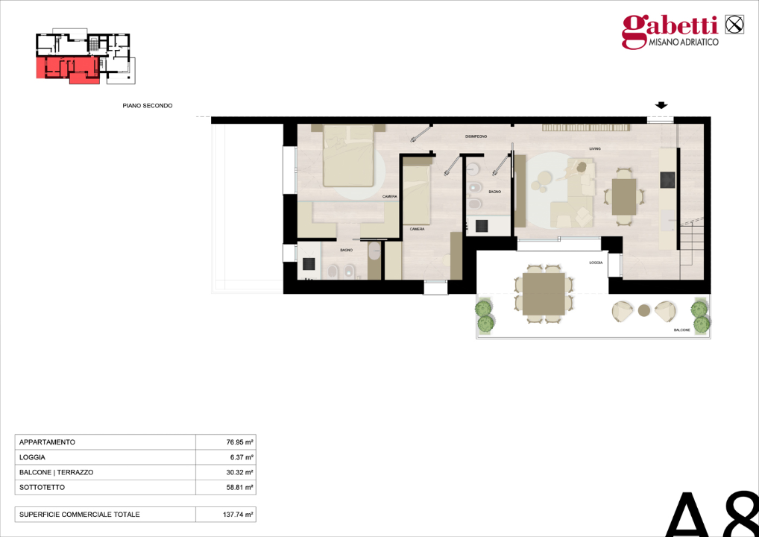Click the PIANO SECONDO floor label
pos(148,106)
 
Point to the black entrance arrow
pos(661,105)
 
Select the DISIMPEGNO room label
pos(476,136)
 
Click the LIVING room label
pos(594,149)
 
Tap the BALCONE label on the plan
pos(681,330)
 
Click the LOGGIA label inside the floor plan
pos(595,263)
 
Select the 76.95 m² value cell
pos(240,442)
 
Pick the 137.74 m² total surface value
pos(239,515)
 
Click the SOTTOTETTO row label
pos(42,487)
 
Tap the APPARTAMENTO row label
pos(47,442)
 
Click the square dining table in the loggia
pos(544,294)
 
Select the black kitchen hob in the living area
pos(667,180)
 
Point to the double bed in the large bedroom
pos(348,157)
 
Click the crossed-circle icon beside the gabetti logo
pos(734,24)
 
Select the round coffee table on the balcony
pos(644,310)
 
